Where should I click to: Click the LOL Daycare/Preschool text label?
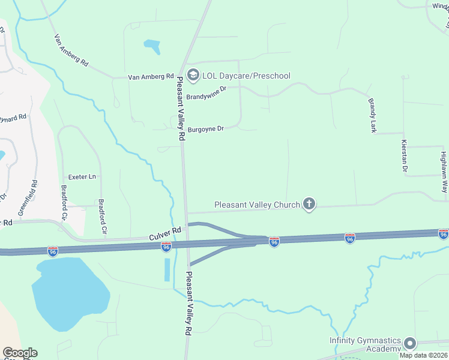246,76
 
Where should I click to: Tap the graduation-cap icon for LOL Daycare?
193,75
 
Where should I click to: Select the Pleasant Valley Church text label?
257,205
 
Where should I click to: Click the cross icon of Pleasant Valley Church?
309,205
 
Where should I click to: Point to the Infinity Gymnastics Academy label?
365,344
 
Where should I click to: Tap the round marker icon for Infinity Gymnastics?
411,344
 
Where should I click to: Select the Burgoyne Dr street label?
205,129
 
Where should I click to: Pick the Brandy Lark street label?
373,115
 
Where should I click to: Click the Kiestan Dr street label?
404,156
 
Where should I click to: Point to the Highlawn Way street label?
444,171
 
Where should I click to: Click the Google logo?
20,353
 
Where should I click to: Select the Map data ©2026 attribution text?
424,355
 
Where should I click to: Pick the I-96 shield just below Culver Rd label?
166,246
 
